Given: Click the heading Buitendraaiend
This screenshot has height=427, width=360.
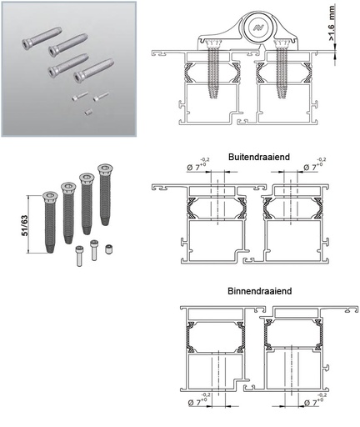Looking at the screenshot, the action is [x=259, y=157].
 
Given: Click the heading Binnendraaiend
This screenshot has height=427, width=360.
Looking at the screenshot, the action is [x=260, y=291].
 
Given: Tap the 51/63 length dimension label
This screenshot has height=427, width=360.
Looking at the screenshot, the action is [x=25, y=225].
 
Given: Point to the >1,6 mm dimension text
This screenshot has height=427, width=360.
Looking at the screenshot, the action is [x=332, y=23].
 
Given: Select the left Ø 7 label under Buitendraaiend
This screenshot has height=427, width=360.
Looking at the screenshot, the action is [x=198, y=165].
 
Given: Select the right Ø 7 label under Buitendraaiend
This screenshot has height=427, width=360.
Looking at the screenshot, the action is [x=314, y=165].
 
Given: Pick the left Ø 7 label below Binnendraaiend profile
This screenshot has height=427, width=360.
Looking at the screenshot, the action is [x=197, y=400].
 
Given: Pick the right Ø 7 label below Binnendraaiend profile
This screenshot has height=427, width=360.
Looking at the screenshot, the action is [x=316, y=400].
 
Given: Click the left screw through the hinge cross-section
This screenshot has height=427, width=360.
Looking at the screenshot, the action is [x=212, y=69].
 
